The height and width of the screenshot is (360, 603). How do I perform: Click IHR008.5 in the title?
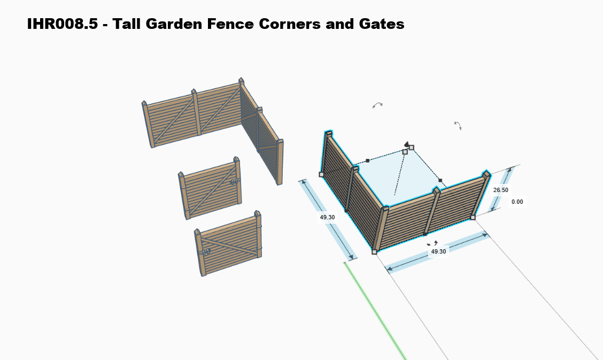pyautogui.click(x=63, y=24)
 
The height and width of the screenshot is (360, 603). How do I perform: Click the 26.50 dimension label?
pyautogui.click(x=500, y=190)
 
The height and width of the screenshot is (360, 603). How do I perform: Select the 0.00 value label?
pyautogui.click(x=517, y=202)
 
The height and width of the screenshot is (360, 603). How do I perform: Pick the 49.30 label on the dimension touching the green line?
pyautogui.click(x=327, y=218)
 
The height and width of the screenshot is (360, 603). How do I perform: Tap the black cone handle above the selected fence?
pyautogui.click(x=406, y=144)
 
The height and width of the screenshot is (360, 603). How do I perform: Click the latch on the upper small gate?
pyautogui.click(x=234, y=182)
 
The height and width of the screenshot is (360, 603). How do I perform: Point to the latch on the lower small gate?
pyautogui.click(x=205, y=251)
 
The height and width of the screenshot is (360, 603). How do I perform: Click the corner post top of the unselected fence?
pyautogui.click(x=242, y=81)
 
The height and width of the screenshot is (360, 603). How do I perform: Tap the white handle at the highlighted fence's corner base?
pyautogui.click(x=374, y=251)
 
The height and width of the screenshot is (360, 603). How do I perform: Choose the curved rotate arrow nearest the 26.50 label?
pyautogui.click(x=458, y=126)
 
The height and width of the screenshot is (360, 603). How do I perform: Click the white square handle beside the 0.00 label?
pyautogui.click(x=473, y=217)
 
